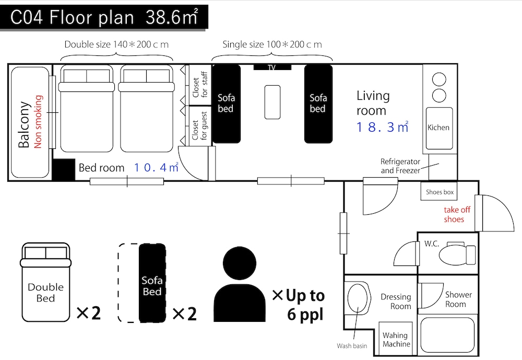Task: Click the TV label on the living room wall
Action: click(x=272, y=67)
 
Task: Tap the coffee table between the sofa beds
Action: click(x=272, y=102)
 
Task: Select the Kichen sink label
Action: click(x=438, y=127)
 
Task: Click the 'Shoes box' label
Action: click(x=440, y=192)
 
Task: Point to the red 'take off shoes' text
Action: click(x=456, y=214)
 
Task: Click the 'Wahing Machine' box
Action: click(x=396, y=339)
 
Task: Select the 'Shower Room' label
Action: click(x=458, y=299)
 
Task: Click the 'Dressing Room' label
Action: click(x=396, y=301)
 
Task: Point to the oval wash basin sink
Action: click(x=357, y=298)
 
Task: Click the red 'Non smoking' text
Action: click(x=39, y=122)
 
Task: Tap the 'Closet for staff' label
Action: click(x=200, y=84)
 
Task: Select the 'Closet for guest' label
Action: click(x=200, y=126)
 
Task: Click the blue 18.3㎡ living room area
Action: click(x=382, y=127)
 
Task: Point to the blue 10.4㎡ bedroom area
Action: click(x=156, y=167)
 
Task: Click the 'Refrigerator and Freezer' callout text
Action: click(x=400, y=166)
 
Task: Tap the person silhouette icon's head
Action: click(x=240, y=263)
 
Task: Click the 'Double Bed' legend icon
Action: click(x=45, y=282)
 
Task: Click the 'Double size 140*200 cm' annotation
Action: click(x=116, y=44)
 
